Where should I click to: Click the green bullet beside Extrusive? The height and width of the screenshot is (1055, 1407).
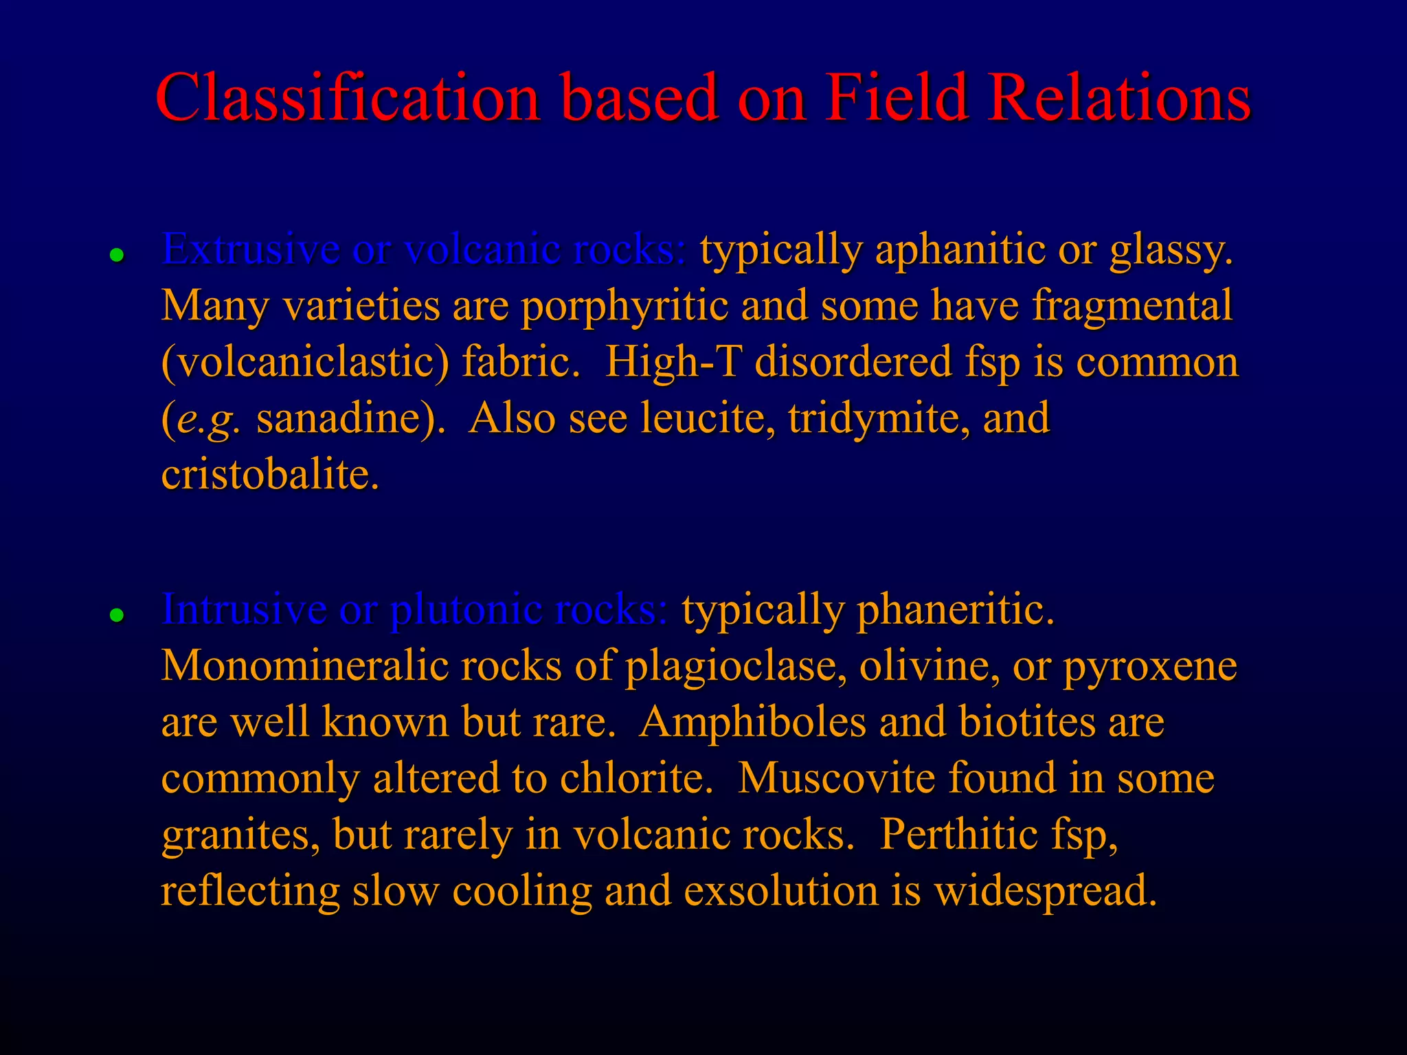click(x=117, y=256)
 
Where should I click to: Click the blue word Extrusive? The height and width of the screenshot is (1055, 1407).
click(x=251, y=249)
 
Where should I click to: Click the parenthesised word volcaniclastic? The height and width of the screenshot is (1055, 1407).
click(x=305, y=363)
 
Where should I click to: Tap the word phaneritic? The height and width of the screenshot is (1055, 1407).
click(x=955, y=610)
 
